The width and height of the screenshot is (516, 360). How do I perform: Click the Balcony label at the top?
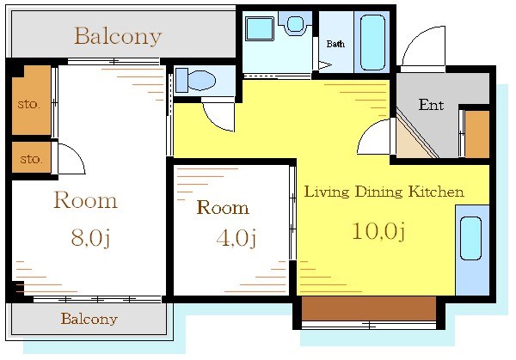[x=117, y=36]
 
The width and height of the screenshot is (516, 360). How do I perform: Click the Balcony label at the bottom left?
[x=89, y=319]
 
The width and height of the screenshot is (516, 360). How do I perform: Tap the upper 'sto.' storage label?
[x=29, y=104]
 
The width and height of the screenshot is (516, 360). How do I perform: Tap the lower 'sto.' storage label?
[x=31, y=159]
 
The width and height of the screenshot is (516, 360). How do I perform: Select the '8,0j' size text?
[x=89, y=238]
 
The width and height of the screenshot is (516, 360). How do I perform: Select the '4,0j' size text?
[x=236, y=237]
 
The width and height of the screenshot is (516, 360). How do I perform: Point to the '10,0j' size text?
[x=378, y=230]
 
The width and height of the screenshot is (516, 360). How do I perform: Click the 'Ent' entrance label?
[x=430, y=105]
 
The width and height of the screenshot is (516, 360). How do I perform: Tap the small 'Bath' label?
[x=335, y=44]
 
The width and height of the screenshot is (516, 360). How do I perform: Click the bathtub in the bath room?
[x=372, y=41]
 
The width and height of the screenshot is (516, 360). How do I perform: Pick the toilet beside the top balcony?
[x=199, y=80]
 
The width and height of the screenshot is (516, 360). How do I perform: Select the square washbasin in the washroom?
[x=259, y=28]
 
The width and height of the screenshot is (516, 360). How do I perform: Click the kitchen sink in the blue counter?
[x=470, y=238]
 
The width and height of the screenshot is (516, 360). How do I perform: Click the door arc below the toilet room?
[x=219, y=115]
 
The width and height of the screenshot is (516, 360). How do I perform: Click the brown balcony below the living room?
[x=369, y=307]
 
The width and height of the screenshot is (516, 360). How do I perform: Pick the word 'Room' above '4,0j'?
[x=223, y=208]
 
